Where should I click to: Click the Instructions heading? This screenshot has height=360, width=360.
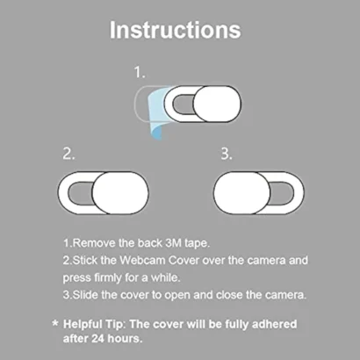point(176,30)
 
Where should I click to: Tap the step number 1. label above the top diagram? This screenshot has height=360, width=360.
point(140,72)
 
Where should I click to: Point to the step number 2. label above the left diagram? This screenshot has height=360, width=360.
point(68,154)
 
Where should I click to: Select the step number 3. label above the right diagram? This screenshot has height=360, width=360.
point(227,154)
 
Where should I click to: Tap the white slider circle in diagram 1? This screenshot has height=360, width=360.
point(217,104)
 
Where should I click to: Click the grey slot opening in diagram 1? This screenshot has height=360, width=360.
point(183,104)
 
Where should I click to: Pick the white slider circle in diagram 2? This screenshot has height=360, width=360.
point(120,193)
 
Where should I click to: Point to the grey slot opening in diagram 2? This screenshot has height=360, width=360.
point(80,193)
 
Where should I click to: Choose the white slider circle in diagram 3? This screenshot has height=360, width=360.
point(241,193)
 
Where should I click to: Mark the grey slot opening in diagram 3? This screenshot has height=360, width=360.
point(282,193)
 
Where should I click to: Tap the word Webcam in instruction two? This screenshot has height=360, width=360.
point(142,260)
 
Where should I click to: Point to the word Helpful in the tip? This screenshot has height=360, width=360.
point(83,324)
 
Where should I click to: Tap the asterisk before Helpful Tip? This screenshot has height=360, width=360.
point(54,323)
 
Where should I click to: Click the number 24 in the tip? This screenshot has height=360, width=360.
point(98,339)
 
